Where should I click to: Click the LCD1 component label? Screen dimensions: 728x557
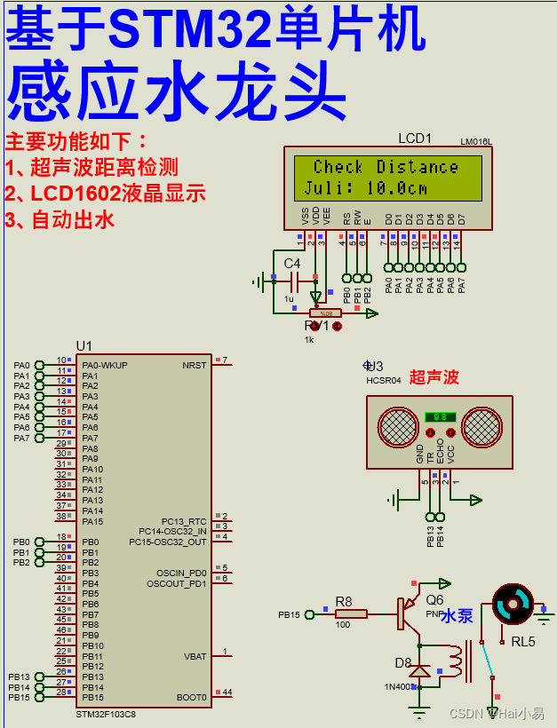[x=414, y=138]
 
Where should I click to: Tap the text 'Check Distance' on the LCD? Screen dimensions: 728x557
[x=386, y=167]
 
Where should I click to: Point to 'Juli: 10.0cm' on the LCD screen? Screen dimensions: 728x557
[x=365, y=188]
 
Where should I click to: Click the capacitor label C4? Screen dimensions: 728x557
[x=292, y=264]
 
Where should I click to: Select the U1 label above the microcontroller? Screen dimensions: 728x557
[x=84, y=345]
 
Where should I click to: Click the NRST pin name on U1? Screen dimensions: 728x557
[x=194, y=365]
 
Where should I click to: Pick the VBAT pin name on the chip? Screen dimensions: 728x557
[x=194, y=657]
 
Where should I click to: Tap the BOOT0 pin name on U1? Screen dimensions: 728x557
[x=192, y=698]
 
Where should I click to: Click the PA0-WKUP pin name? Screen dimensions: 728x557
[x=105, y=365]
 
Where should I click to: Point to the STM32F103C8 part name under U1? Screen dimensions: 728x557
[x=106, y=714]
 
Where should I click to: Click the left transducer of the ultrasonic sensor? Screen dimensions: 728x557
[x=398, y=427]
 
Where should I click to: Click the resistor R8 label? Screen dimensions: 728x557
[x=344, y=601]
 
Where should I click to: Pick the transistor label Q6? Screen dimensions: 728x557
[x=434, y=599]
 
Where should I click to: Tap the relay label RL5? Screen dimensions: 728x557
[x=523, y=640]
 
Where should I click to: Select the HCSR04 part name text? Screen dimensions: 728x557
[x=384, y=380]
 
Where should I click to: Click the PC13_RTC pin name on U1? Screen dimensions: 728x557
[x=184, y=521]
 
